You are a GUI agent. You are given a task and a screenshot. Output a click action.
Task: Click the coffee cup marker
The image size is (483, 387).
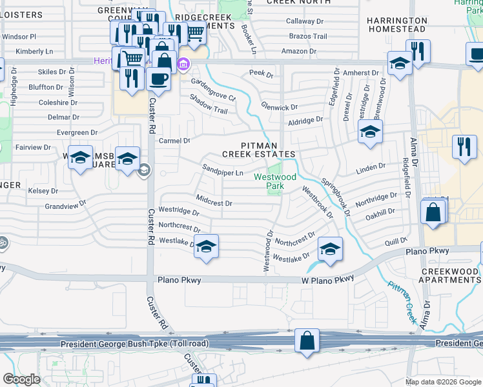[x=158, y=79]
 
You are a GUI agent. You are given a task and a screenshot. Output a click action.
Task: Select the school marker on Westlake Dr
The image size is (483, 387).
[x=206, y=247]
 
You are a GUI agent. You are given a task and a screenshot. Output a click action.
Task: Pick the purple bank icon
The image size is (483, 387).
[x=183, y=63]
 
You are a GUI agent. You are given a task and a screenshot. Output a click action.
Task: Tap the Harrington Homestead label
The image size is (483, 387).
[x=396, y=25]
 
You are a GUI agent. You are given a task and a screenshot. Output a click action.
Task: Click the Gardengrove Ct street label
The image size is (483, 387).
[x=213, y=90]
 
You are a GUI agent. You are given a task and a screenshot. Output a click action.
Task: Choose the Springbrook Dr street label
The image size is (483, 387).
[x=336, y=197]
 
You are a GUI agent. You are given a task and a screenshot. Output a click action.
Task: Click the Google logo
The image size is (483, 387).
[x=21, y=379]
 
